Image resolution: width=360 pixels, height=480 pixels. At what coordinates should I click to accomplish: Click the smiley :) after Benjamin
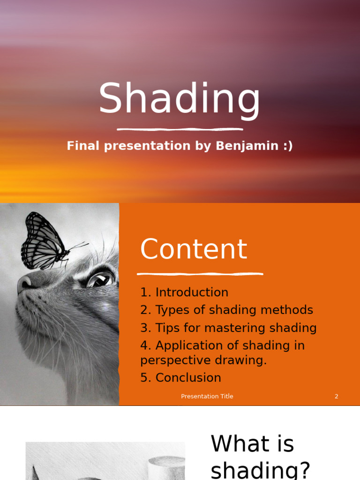288,146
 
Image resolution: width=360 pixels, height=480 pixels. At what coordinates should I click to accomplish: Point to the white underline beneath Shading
180,129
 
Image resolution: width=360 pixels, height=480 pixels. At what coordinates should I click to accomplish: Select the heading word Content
194,249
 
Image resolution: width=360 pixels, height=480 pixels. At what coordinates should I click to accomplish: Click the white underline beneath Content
200,274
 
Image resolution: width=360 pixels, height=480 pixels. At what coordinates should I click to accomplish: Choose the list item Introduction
192,292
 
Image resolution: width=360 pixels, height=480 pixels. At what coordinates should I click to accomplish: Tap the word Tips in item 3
168,328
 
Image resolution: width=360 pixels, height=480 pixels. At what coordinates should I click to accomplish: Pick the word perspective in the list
176,360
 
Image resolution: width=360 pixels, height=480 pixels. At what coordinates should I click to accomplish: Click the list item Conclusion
188,378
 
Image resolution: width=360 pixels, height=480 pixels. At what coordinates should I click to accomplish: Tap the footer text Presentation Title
207,397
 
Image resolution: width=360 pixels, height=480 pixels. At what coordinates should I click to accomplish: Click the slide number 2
337,397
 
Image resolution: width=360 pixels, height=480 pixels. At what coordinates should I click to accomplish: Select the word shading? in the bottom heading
261,470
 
